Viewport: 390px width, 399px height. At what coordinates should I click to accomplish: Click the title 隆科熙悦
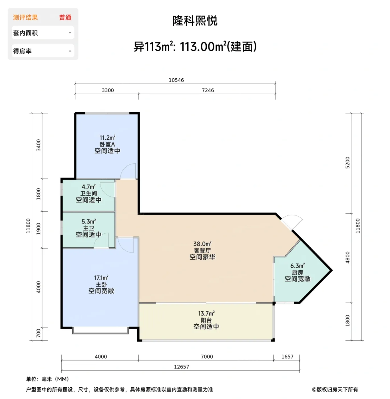tap(195, 21)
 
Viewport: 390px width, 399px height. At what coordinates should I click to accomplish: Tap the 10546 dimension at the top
tap(176, 80)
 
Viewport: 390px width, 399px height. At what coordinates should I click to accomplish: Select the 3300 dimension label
tap(108, 90)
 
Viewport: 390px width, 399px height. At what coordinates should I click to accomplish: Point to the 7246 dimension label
tap(208, 90)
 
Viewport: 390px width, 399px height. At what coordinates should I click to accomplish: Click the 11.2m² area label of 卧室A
tap(107, 138)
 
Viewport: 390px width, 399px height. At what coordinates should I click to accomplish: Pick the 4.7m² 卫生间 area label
tap(89, 187)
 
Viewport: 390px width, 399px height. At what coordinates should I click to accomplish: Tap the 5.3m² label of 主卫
tap(89, 222)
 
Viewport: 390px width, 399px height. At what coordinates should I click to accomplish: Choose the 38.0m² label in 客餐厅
tap(202, 244)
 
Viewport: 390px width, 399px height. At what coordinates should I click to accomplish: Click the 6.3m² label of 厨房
tap(297, 266)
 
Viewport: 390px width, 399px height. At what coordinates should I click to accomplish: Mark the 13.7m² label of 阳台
tap(206, 313)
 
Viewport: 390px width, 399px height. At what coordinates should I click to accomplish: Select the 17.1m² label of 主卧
tap(101, 278)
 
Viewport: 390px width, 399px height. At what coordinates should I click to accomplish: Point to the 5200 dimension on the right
tap(347, 163)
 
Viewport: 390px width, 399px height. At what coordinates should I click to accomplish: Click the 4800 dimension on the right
tap(347, 257)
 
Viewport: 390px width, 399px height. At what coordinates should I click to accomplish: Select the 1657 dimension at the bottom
tap(287, 357)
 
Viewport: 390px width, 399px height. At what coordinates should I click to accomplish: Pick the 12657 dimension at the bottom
tap(182, 367)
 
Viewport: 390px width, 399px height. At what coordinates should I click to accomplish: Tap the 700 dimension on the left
tap(39, 333)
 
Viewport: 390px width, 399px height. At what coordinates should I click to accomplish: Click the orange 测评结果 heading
tap(25, 18)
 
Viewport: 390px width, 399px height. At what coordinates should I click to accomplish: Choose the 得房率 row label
tap(22, 51)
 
